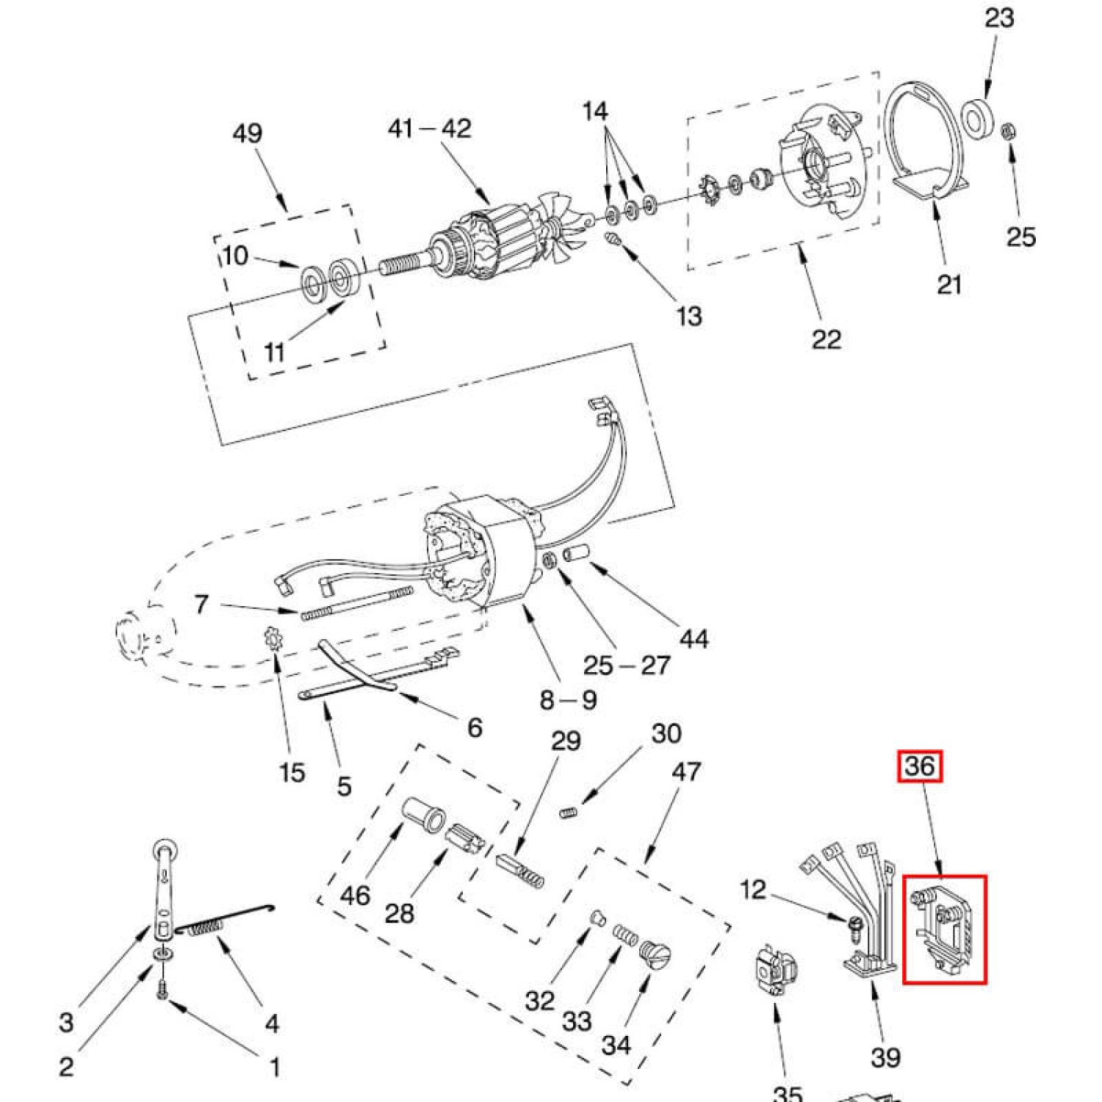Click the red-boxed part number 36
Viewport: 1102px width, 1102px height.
920,766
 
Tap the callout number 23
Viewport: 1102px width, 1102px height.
998,18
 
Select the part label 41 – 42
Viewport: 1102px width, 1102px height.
429,129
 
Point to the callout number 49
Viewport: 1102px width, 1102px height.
247,134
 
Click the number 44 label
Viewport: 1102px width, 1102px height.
694,638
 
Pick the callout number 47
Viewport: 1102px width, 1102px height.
686,771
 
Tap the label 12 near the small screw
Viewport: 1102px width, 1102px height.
753,890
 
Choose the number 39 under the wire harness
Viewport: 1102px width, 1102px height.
885,1057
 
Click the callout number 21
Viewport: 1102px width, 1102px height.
948,284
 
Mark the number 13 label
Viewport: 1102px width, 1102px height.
688,316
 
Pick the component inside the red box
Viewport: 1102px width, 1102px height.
944,930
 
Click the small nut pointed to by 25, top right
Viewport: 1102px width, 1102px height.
1009,132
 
